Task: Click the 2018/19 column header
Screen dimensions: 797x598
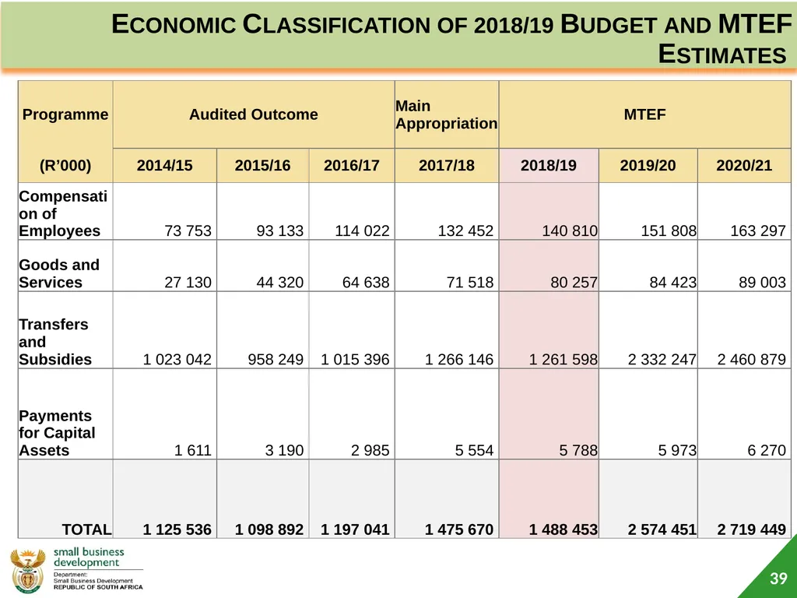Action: point(549,165)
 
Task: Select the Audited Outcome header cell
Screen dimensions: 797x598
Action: point(254,114)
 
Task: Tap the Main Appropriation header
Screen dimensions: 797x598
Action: point(446,114)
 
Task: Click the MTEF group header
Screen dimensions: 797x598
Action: point(644,114)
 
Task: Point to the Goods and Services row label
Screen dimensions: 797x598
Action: point(59,273)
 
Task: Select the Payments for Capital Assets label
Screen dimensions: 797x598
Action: point(57,433)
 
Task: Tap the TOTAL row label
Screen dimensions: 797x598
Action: point(86,529)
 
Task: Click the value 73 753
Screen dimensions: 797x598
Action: point(188,230)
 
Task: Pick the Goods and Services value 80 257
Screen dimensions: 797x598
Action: point(574,282)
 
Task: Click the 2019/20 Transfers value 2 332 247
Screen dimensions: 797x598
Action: point(662,360)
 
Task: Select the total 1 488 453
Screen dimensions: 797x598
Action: point(564,529)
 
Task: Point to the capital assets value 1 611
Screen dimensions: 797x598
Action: point(193,450)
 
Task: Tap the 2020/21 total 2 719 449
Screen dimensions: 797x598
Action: point(751,529)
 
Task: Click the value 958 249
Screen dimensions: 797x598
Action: point(276,360)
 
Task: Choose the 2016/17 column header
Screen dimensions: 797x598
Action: point(352,165)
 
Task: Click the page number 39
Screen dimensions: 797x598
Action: point(778,579)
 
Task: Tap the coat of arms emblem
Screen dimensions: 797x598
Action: point(27,571)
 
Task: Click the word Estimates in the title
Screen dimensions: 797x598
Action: point(722,55)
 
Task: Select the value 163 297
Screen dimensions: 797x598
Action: point(758,230)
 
